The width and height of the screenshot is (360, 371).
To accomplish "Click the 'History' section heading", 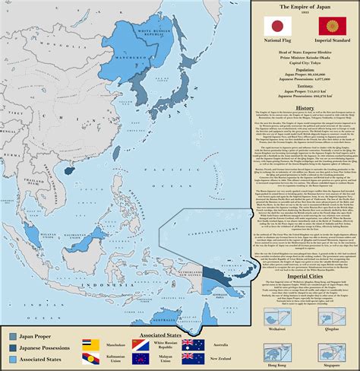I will pyautogui.click(x=304, y=107).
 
